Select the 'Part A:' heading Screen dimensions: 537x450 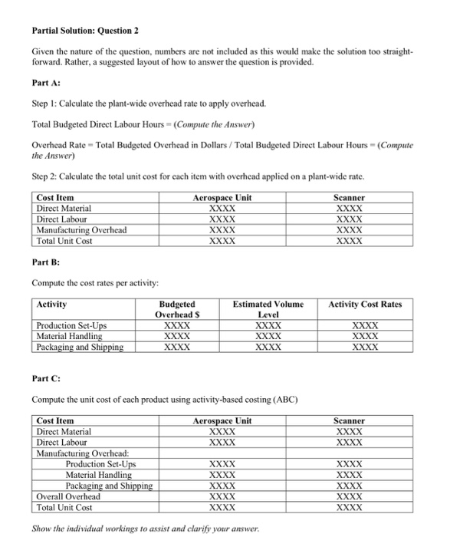[x=45, y=82]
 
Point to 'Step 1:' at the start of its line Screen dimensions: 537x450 [x=46, y=103]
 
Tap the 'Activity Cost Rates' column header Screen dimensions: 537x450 [x=364, y=305]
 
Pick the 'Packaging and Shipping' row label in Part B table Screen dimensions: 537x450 [x=80, y=347]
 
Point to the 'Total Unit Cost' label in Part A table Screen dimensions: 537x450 [x=64, y=241]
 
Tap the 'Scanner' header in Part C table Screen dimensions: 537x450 [x=349, y=421]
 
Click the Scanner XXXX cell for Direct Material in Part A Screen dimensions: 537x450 [x=349, y=209]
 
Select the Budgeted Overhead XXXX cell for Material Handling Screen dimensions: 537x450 [x=177, y=336]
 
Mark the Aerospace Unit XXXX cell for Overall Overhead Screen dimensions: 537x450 [x=222, y=496]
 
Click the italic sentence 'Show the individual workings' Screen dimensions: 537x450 [x=146, y=529]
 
